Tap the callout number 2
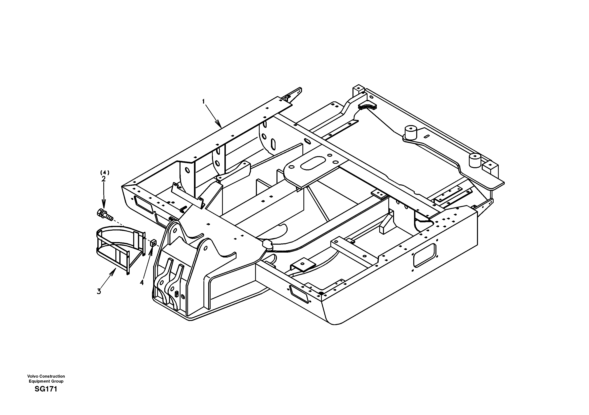[103, 179]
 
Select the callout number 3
[99, 291]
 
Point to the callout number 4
[142, 283]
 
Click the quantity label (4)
[104, 173]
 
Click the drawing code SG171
[46, 389]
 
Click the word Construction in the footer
[52, 376]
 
